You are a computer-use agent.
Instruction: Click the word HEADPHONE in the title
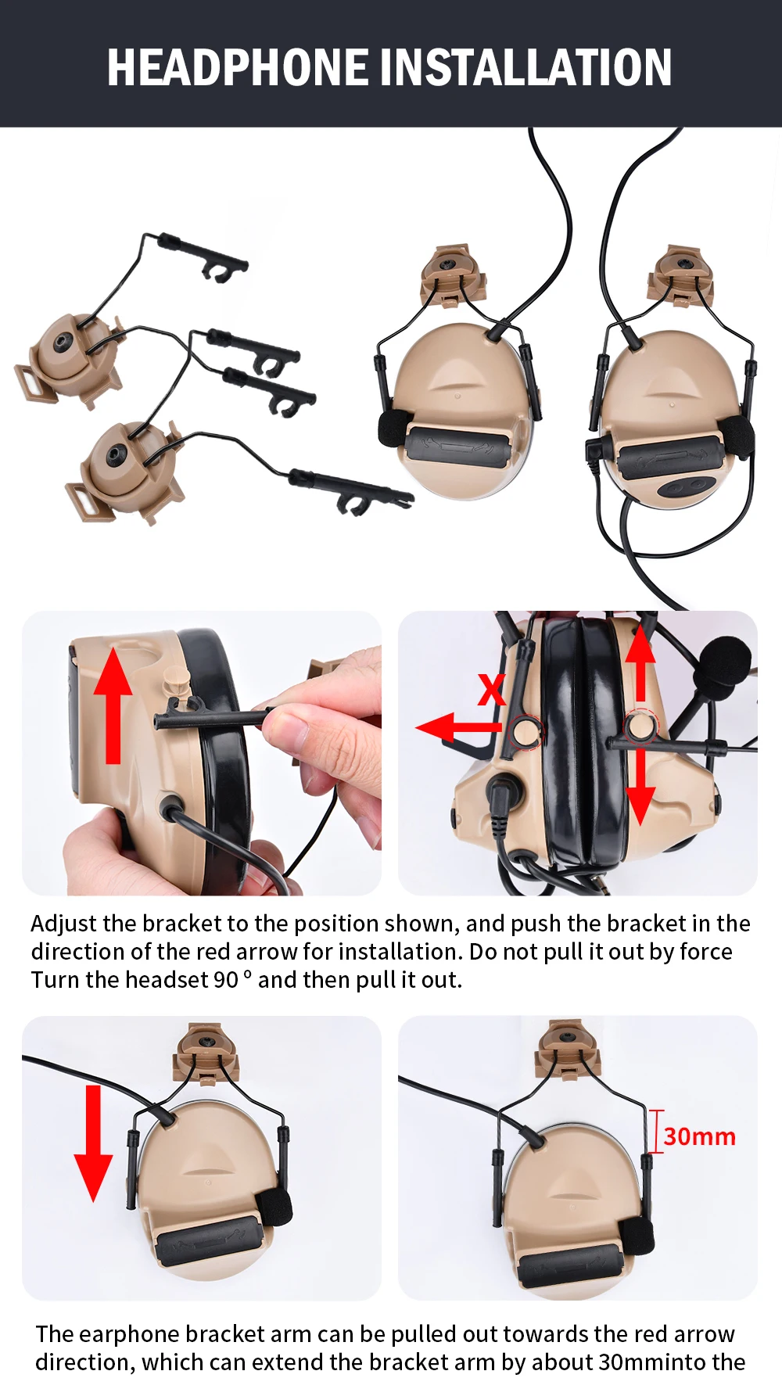click(x=238, y=67)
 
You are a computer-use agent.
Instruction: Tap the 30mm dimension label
click(x=700, y=1136)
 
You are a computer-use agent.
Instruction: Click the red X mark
click(x=492, y=691)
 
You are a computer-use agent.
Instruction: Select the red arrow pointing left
click(x=458, y=727)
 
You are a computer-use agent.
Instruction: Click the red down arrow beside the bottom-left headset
click(x=93, y=1143)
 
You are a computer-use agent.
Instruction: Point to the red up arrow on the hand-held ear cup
click(x=113, y=705)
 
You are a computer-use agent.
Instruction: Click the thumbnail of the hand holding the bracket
click(x=202, y=753)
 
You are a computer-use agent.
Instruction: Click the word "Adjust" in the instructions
click(x=64, y=924)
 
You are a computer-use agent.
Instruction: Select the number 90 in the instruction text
click(x=226, y=980)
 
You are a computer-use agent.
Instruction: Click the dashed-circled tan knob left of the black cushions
click(x=525, y=732)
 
